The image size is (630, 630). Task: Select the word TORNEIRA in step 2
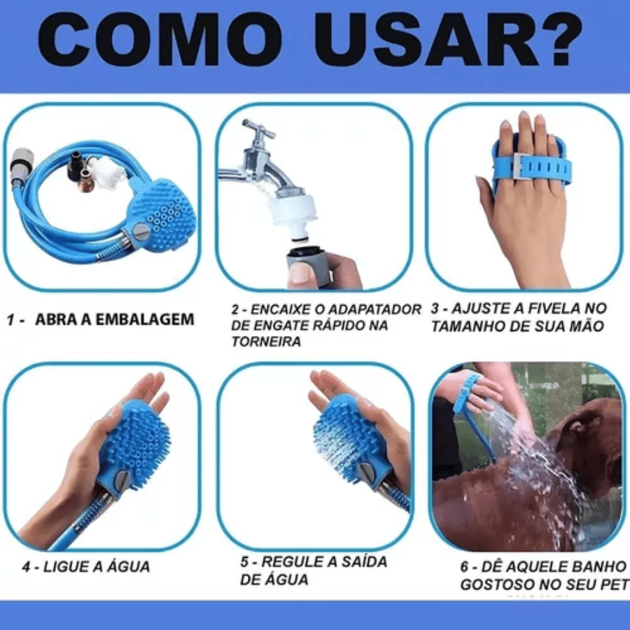(x=266, y=342)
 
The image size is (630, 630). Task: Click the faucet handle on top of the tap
(x=253, y=130)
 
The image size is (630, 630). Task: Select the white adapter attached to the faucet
(x=293, y=210)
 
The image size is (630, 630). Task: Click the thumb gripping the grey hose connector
(x=301, y=274)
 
